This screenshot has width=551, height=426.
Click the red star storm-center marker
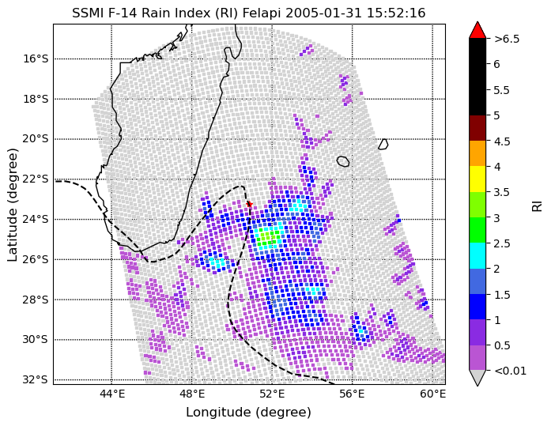(250, 204)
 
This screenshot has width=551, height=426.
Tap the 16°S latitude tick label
(36, 58)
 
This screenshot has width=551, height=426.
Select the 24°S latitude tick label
(36, 220)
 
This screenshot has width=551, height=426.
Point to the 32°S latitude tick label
(36, 380)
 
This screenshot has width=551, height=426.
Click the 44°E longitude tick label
(111, 394)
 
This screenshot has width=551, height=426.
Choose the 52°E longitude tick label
(272, 394)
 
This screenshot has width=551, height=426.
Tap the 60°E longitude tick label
(433, 394)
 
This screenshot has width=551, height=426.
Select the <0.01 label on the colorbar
(510, 371)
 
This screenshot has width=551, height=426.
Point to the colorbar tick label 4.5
(502, 141)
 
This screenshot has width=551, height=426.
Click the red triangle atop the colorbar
(477, 30)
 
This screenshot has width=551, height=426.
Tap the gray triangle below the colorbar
(477, 378)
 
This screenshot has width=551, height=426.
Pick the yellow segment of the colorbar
(477, 179)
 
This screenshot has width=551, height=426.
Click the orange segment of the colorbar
(477, 153)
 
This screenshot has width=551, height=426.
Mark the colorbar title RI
(537, 206)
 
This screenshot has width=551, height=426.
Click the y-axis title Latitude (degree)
(12, 205)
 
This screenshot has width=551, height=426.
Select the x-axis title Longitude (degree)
(248, 412)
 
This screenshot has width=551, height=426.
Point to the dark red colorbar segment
(477, 128)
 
